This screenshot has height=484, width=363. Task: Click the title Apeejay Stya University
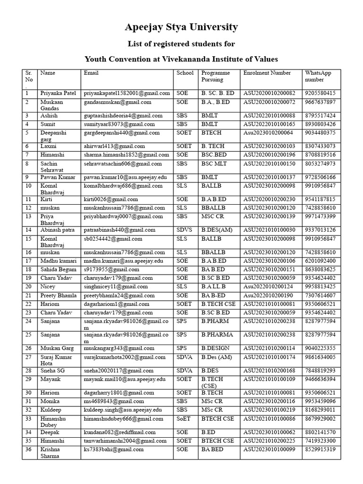181,27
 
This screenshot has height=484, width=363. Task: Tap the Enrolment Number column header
267,73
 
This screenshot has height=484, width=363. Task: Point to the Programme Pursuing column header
216,77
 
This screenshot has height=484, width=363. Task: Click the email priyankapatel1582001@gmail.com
127,94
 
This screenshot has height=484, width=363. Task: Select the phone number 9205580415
320,94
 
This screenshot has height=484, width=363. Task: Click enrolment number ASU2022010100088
269,116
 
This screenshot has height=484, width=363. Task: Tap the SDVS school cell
185,230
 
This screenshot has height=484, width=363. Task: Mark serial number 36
28,449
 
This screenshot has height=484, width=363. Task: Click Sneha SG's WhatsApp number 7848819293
320,371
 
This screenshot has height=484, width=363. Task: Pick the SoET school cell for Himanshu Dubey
184,419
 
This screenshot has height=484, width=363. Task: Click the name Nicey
48,287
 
